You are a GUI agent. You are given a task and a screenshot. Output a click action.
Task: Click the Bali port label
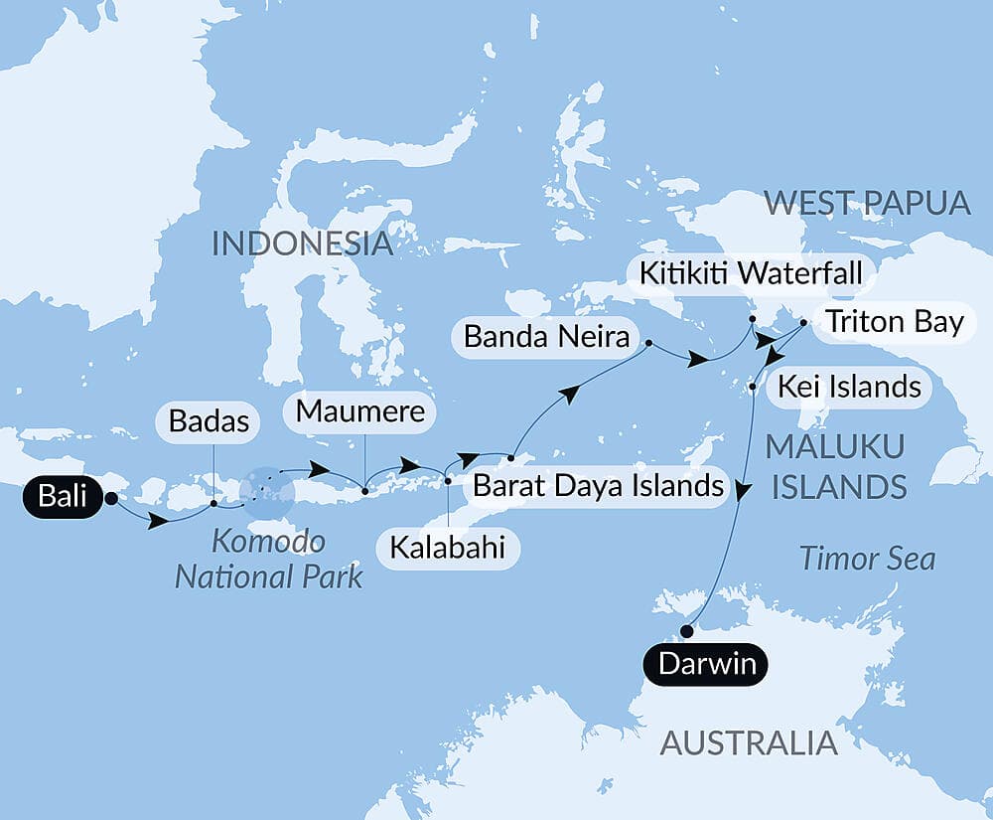tap(64, 497)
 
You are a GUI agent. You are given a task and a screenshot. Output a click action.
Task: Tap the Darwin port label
tap(707, 664)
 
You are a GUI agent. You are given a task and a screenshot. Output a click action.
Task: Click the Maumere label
tap(361, 410)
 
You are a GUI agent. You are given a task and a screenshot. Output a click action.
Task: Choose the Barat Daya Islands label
tap(598, 486)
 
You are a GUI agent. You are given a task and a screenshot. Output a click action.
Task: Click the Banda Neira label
tap(546, 337)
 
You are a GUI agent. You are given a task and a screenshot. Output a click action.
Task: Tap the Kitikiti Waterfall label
tap(749, 271)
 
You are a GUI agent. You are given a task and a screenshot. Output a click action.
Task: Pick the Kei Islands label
tap(849, 386)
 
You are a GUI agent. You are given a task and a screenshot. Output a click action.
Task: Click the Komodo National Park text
tap(269, 559)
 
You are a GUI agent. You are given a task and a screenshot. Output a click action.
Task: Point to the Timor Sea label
tap(868, 559)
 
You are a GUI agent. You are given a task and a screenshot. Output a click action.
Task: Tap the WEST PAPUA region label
tap(867, 204)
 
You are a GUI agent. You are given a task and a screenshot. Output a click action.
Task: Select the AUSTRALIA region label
tap(749, 741)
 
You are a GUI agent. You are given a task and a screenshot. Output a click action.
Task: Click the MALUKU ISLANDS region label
tap(835, 467)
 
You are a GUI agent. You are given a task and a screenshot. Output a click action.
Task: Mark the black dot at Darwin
tap(686, 630)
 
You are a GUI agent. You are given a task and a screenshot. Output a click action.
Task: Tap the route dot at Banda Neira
tap(648, 344)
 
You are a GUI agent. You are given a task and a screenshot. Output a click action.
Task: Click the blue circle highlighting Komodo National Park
tap(267, 492)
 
